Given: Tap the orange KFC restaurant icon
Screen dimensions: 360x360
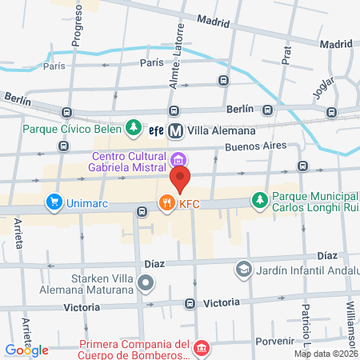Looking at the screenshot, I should [x=166, y=203].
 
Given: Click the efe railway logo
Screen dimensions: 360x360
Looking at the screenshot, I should [x=157, y=130].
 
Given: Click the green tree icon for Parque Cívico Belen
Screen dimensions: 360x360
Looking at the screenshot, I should [x=134, y=128].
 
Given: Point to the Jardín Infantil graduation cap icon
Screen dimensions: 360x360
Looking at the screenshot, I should [x=242, y=270].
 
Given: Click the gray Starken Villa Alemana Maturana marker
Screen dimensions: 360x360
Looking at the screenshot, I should [x=146, y=282].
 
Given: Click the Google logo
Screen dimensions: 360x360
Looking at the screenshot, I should [x=26, y=350].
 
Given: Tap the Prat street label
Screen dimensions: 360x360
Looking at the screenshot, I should [x=286, y=53].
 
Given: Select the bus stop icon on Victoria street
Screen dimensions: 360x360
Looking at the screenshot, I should [x=190, y=304].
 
